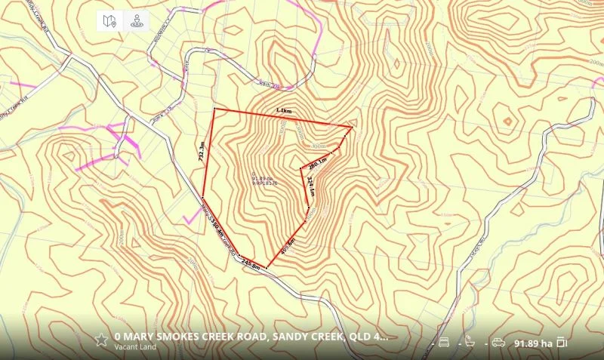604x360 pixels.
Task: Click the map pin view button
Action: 109,21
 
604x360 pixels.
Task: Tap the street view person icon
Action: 137,21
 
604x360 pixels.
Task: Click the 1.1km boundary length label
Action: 283,112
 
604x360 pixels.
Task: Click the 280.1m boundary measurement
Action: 317,161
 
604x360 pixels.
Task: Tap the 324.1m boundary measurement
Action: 310,185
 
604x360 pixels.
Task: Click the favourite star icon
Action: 100,339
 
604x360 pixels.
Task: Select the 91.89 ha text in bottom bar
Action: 533,343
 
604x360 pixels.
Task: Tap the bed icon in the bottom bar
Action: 444,343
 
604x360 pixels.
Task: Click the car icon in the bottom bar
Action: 498,343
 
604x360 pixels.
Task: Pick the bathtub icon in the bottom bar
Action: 470,343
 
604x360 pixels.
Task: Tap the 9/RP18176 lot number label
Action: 264,183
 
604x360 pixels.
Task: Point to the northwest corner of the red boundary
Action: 214,109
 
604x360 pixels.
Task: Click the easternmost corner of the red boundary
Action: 352,126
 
